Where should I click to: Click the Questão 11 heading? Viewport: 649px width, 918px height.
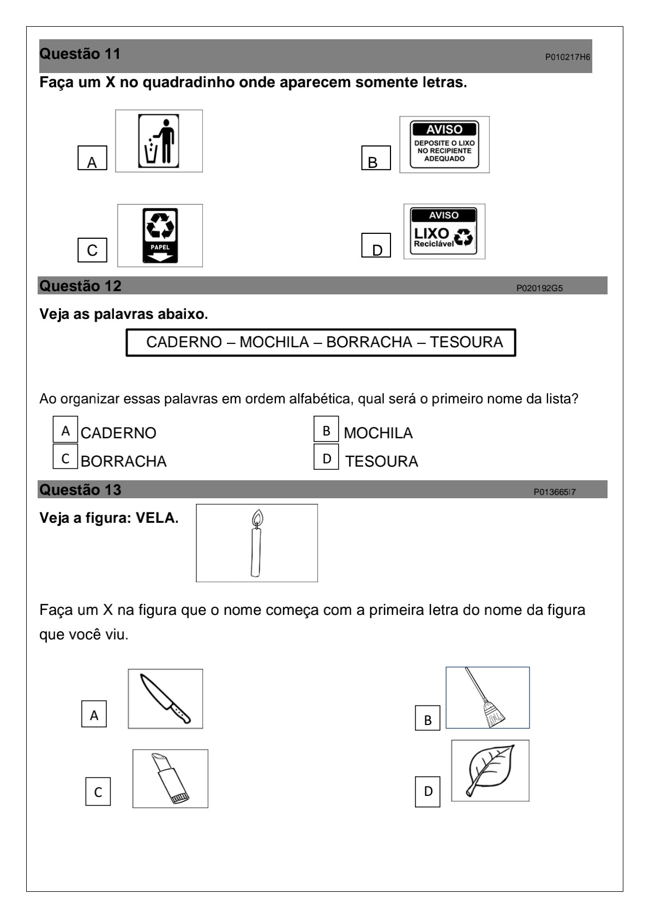[x=80, y=55]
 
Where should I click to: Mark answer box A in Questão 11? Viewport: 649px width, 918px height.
[x=92, y=159]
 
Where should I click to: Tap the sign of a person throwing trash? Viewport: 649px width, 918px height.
[x=159, y=141]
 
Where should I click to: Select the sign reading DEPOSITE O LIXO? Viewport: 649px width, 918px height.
[x=444, y=144]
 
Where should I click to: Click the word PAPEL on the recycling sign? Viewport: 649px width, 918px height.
[x=160, y=247]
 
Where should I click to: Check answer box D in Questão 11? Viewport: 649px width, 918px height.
[x=376, y=246]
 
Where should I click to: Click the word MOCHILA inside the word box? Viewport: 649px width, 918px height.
[x=274, y=342]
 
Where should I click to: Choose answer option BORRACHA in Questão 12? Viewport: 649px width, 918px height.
[x=123, y=461]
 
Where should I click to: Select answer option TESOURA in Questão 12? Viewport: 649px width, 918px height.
[x=381, y=461]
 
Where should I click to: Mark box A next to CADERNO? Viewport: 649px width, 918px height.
[x=65, y=431]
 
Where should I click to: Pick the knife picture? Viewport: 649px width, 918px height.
[x=165, y=699]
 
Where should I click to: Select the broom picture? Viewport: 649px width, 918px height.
[x=487, y=698]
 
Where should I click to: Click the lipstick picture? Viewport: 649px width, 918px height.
[x=170, y=778]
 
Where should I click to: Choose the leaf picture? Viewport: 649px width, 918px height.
[x=490, y=770]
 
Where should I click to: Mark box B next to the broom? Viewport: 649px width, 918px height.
[x=428, y=720]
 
